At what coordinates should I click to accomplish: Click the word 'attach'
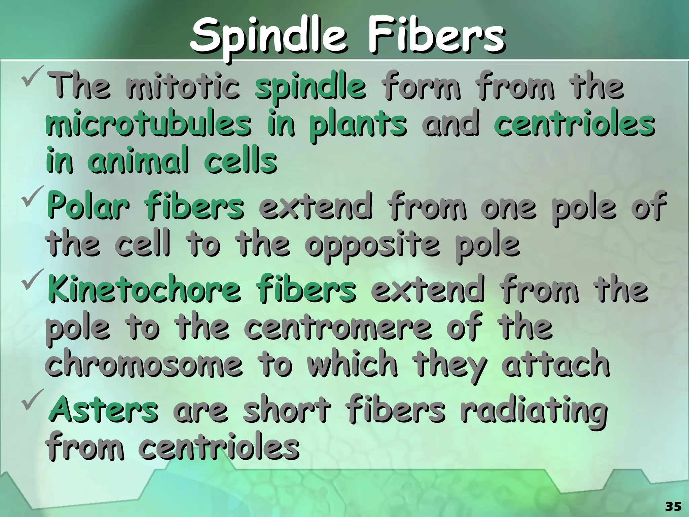(x=555, y=364)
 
